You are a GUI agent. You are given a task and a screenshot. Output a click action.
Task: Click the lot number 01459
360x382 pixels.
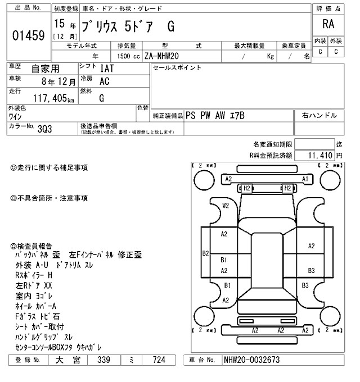coord(28,36)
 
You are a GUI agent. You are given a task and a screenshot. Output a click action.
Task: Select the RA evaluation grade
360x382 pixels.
coord(326,24)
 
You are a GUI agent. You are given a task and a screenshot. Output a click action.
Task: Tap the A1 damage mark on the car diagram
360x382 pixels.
coord(305,179)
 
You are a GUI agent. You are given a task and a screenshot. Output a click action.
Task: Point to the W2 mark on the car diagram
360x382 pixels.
coord(226,206)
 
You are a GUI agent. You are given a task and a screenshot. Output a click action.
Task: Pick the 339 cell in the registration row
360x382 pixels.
coord(103,360)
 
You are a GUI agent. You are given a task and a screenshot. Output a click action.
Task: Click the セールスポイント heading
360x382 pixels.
coord(177,69)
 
